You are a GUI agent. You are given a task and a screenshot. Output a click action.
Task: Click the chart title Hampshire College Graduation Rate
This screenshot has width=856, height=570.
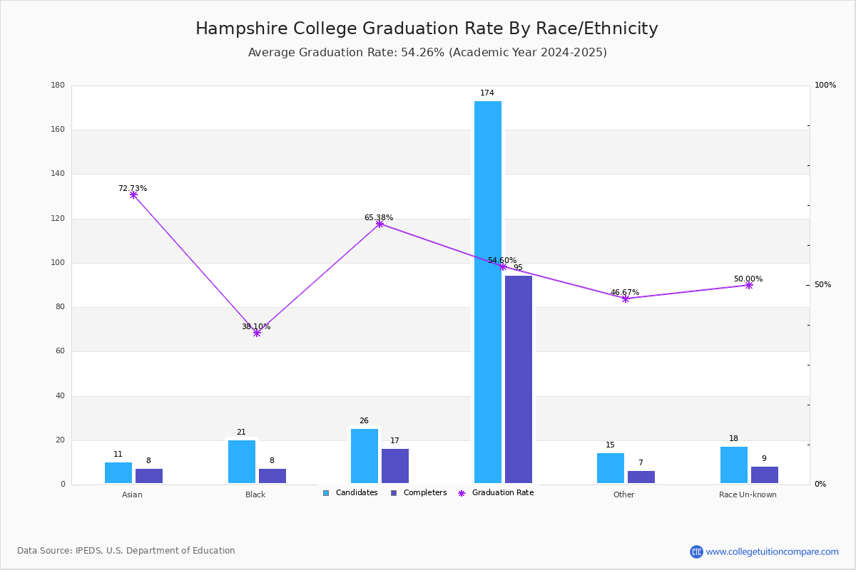tap(427, 29)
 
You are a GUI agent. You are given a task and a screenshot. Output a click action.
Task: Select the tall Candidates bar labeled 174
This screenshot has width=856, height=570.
tap(488, 292)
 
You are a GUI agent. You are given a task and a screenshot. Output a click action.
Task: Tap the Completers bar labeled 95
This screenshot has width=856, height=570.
tap(519, 379)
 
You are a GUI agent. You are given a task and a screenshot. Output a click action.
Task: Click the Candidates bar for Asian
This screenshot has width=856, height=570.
tap(118, 473)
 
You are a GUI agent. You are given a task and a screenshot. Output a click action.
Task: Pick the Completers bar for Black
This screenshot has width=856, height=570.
tap(272, 476)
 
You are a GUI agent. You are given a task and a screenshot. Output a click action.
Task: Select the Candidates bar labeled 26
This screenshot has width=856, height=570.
tap(365, 456)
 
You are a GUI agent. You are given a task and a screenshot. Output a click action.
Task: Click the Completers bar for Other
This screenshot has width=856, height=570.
tap(641, 477)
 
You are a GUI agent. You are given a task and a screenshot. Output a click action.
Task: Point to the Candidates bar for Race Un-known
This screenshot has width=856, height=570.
tap(734, 465)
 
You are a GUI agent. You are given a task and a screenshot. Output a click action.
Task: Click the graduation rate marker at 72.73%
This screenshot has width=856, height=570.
tap(133, 195)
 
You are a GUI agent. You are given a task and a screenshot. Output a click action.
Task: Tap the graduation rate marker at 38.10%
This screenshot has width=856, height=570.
tap(257, 333)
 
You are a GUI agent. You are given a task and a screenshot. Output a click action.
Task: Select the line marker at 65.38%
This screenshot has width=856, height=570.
tap(379, 224)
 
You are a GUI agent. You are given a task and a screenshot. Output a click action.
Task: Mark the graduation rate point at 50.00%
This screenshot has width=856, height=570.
tap(749, 285)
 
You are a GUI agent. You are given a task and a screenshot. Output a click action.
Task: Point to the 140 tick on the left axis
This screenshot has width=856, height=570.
tap(57, 174)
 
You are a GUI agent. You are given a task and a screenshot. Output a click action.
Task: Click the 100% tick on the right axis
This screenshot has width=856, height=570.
tap(825, 85)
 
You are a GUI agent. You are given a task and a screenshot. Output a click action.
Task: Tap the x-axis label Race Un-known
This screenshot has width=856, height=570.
tap(748, 494)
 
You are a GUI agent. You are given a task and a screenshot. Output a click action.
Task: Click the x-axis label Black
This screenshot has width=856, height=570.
tap(255, 494)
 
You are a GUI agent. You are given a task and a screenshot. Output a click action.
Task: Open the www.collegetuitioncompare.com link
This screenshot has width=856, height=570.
tap(772, 551)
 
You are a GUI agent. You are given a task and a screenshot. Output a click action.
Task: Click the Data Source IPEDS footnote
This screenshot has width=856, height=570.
tap(126, 551)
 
